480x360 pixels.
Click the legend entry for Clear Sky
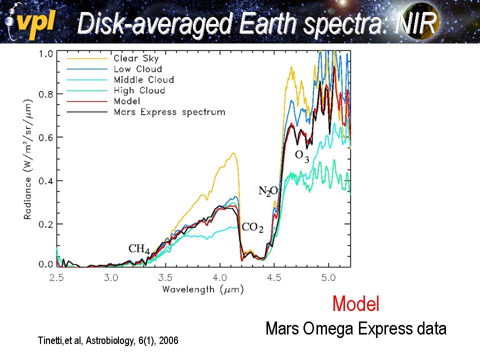tap(136, 58)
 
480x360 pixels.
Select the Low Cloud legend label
tap(137, 69)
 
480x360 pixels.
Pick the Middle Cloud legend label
tap(143, 79)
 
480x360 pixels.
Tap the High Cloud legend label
tap(139, 90)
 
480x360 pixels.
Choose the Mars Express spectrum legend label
tap(169, 111)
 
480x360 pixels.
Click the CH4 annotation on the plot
tap(139, 248)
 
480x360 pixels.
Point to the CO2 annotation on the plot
tap(252, 227)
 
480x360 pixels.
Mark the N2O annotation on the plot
tap(268, 190)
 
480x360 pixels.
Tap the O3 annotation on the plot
tap(302, 155)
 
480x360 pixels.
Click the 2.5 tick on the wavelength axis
tap(56, 277)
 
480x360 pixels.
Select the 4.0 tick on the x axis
tap(219, 277)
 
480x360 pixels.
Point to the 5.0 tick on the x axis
tap(328, 277)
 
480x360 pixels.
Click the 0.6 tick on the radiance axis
tap(46, 137)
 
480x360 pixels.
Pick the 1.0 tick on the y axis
tap(46, 52)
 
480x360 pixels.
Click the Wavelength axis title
tap(202, 289)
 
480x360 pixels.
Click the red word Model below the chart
tap(355, 303)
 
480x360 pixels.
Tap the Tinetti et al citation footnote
tap(108, 340)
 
